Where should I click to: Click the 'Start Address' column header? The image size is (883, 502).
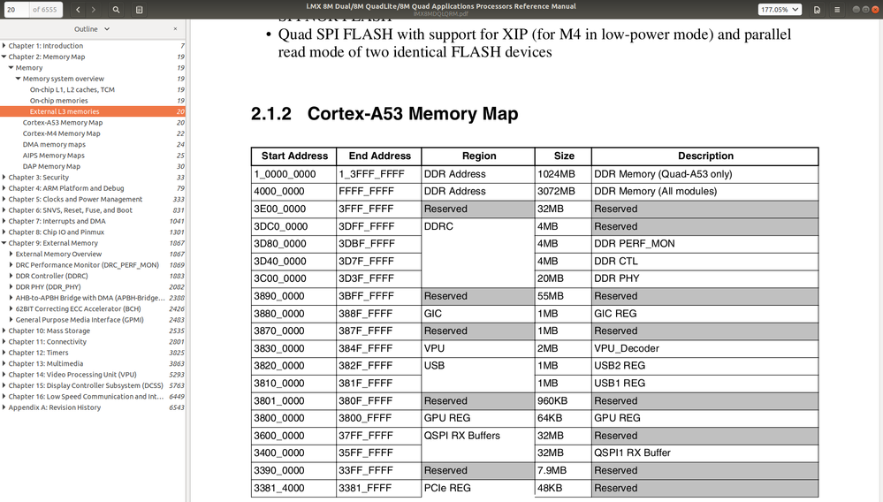pyautogui.click(x=294, y=156)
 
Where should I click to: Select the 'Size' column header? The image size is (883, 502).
pyautogui.click(x=564, y=156)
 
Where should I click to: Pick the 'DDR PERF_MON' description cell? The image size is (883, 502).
pyautogui.click(x=634, y=244)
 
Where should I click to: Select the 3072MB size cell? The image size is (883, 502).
pyautogui.click(x=557, y=192)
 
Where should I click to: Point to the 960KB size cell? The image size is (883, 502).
pyautogui.click(x=554, y=400)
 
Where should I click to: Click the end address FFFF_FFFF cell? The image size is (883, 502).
pyautogui.click(x=371, y=192)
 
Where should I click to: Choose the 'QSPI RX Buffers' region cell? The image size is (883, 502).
pyautogui.click(x=461, y=436)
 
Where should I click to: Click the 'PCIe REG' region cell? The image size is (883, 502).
pyautogui.click(x=447, y=488)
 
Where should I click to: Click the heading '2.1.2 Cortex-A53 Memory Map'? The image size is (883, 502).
pyautogui.click(x=384, y=115)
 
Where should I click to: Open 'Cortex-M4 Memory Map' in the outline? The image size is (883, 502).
pyautogui.click(x=62, y=133)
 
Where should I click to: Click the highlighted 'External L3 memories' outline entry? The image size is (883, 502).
pyautogui.click(x=65, y=112)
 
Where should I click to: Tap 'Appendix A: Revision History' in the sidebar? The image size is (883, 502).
pyautogui.click(x=55, y=407)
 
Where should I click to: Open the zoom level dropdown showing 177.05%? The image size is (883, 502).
pyautogui.click(x=780, y=10)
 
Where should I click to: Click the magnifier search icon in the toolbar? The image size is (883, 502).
pyautogui.click(x=116, y=10)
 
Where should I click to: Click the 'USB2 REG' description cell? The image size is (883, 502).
pyautogui.click(x=620, y=366)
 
